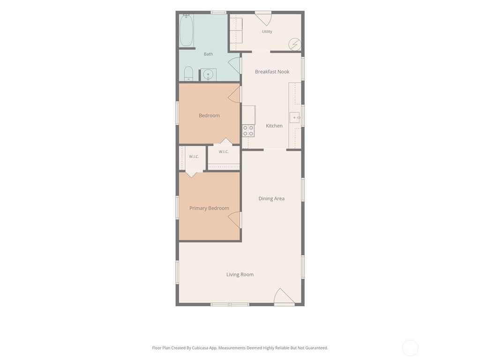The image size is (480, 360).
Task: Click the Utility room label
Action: coord(267,31)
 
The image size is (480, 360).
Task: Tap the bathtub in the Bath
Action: coord(186,30)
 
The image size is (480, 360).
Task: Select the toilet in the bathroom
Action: coord(188,74)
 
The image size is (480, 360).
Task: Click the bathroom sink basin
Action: coord(208,75)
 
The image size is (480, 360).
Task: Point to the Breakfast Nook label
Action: coord(272,72)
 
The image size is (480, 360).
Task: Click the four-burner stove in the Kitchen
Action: coord(248,131)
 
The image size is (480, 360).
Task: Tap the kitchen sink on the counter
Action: coord(295,118)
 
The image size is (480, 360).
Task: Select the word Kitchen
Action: coord(274,126)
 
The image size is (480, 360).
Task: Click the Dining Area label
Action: coord(271,198)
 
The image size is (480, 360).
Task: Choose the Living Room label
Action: coord(240,275)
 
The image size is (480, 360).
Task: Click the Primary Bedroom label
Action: coord(209,208)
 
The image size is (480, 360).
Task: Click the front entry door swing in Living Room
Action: coord(284,296)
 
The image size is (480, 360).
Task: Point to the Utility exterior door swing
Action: coord(263,18)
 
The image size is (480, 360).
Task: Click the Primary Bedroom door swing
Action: coord(234,220)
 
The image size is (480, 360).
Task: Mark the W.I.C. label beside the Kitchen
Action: coord(224,152)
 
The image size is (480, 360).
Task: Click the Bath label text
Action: coord(209,54)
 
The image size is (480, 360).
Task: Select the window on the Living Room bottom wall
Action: coord(230,304)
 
